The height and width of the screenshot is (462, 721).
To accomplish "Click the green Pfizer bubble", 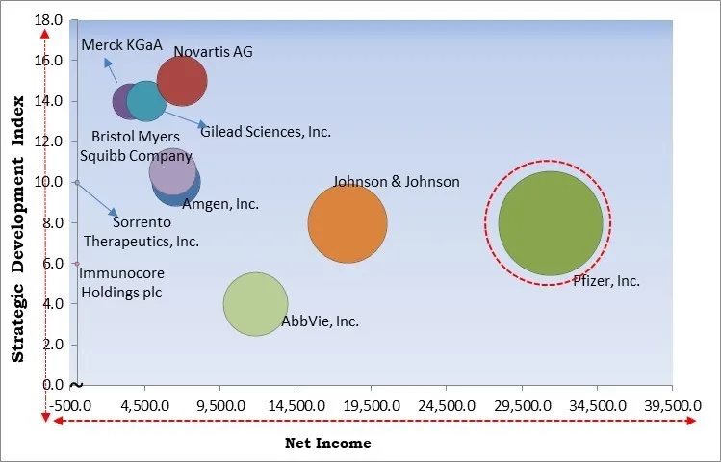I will tap(550, 223).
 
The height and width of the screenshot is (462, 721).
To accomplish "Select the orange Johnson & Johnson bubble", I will tap(348, 223).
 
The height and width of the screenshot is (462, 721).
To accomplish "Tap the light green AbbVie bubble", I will tap(255, 304).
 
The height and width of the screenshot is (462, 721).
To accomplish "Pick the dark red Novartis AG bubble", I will tap(182, 82).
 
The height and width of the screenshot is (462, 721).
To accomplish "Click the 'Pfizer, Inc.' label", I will tap(606, 281).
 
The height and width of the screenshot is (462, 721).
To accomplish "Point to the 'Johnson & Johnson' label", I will tap(396, 181).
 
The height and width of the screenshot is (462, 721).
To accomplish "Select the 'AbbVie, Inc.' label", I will tap(320, 321).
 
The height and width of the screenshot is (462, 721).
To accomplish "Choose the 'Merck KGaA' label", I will tap(115, 45).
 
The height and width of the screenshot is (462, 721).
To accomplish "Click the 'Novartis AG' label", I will tap(213, 51).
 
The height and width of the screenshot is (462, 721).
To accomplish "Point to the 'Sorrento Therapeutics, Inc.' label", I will tap(141, 232).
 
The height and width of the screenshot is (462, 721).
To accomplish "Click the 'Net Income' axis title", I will tap(327, 444).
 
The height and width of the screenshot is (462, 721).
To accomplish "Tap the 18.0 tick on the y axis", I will tap(51, 20).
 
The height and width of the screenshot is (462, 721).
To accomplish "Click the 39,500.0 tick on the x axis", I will tap(673, 405).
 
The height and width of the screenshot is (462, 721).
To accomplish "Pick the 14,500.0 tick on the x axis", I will tap(296, 405).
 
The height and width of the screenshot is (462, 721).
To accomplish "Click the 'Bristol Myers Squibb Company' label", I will tap(142, 146).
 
